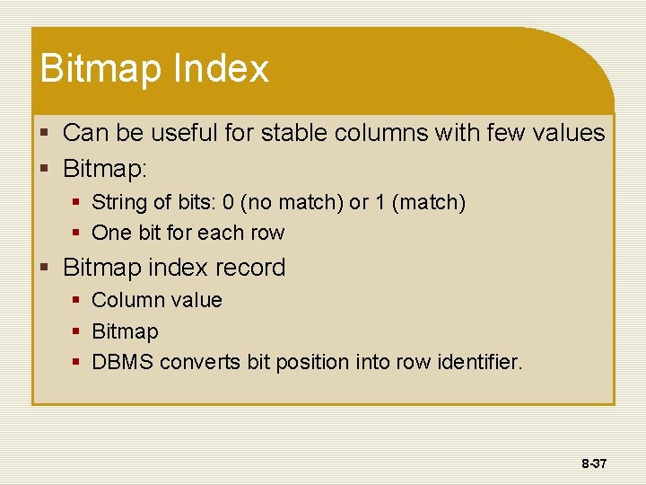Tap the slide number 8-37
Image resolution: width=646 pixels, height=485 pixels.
(594, 464)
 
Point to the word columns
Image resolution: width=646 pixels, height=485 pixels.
(381, 133)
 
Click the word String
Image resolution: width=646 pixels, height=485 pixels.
(118, 202)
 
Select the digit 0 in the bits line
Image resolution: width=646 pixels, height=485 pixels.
(228, 202)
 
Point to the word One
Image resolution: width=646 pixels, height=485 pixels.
(111, 233)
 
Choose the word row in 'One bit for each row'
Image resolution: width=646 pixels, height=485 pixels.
(267, 233)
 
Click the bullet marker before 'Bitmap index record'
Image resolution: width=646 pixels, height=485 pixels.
(51, 268)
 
